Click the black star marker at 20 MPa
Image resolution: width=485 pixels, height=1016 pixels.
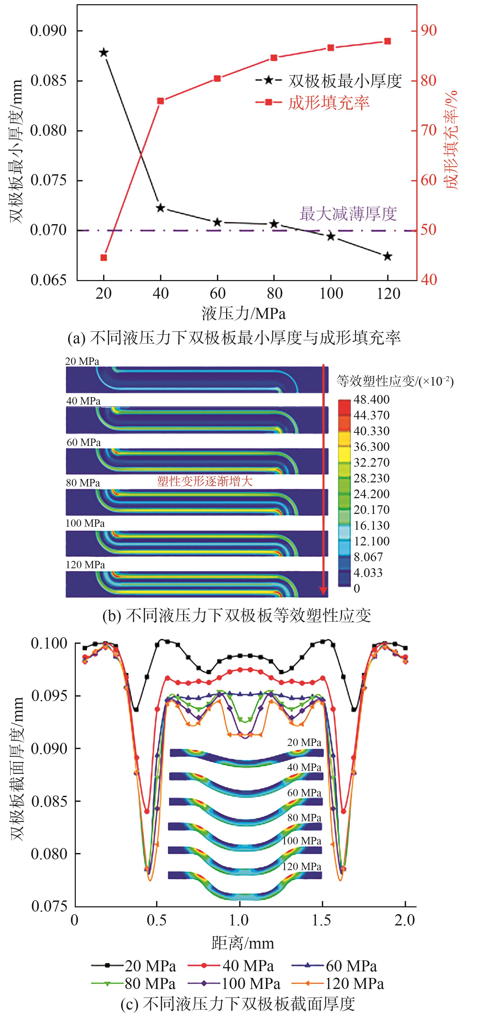(x=104, y=52)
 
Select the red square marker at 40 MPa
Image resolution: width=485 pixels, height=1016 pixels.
(x=161, y=101)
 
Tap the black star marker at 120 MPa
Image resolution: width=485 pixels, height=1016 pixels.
(x=388, y=256)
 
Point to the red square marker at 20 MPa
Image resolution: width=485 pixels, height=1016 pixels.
(x=104, y=257)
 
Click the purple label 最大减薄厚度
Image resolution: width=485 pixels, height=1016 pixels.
(x=348, y=214)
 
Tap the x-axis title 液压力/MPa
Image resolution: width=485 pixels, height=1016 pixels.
(x=244, y=314)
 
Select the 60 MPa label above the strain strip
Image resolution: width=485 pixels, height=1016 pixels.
(x=84, y=443)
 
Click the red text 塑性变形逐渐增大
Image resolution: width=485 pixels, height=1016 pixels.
(x=205, y=481)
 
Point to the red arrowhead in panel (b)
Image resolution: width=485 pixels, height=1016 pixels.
(x=323, y=591)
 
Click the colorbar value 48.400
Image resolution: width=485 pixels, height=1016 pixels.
(x=371, y=399)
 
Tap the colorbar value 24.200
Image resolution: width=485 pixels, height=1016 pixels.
(x=371, y=494)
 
